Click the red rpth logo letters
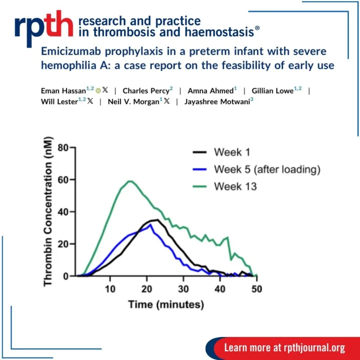pyautogui.click(x=43, y=27)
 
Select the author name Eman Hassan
pyautogui.click(x=63, y=90)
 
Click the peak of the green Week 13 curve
pyautogui.click(x=130, y=181)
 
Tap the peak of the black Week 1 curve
pyautogui.click(x=155, y=220)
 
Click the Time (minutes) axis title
pyautogui.click(x=166, y=305)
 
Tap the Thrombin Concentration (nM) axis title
pyautogui.click(x=49, y=211)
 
